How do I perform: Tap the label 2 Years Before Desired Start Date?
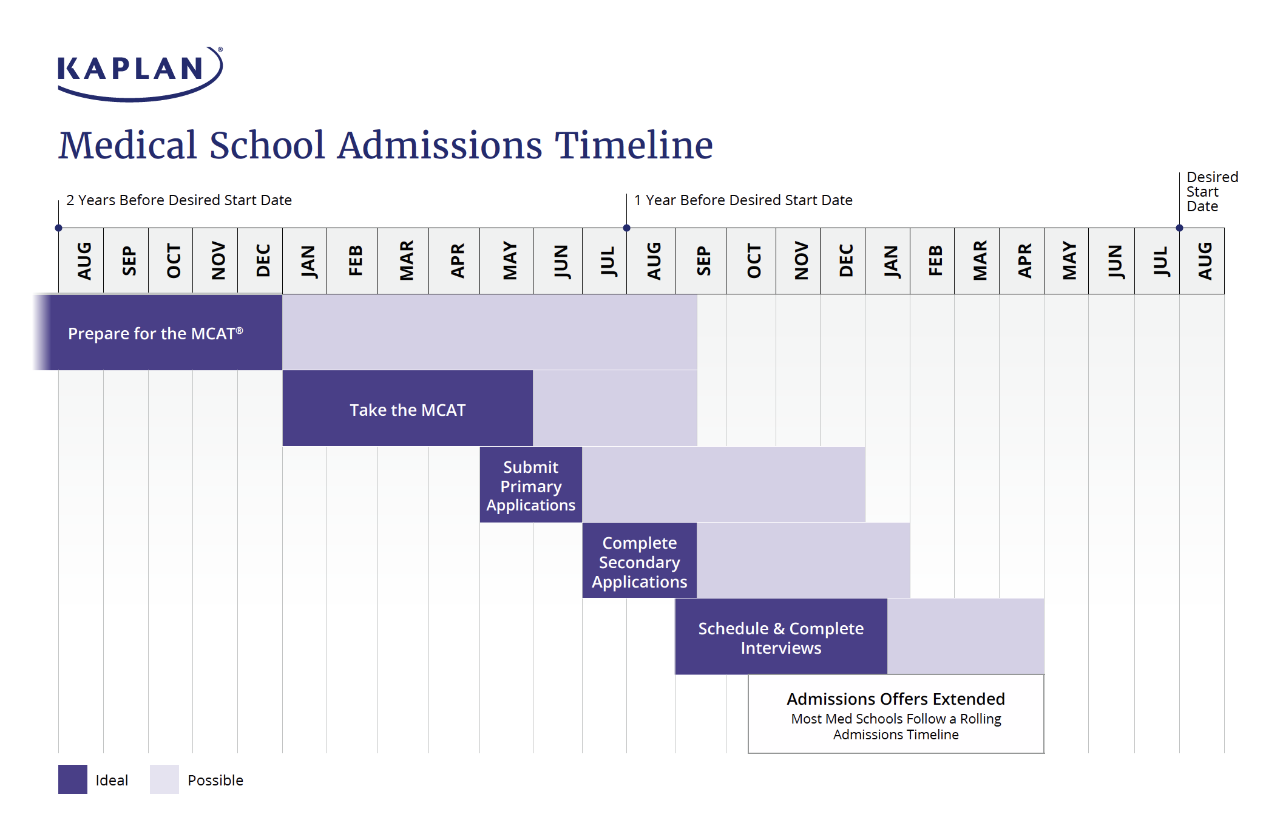pyautogui.click(x=178, y=200)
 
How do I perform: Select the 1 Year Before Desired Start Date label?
pyautogui.click(x=743, y=200)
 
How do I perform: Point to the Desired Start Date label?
pyautogui.click(x=1211, y=192)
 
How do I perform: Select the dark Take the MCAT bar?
pyautogui.click(x=407, y=410)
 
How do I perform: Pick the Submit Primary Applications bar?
pyautogui.click(x=530, y=486)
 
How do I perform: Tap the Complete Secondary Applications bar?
pyautogui.click(x=639, y=561)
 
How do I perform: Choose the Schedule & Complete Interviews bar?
pyautogui.click(x=780, y=637)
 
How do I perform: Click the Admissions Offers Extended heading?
pyautogui.click(x=895, y=699)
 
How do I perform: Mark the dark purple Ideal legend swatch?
pyautogui.click(x=73, y=779)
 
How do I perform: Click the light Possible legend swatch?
pyautogui.click(x=164, y=779)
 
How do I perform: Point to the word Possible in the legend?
pyautogui.click(x=215, y=781)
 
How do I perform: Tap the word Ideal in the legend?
pyautogui.click(x=112, y=781)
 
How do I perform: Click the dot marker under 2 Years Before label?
pyautogui.click(x=58, y=228)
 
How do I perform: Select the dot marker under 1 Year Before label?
pyautogui.click(x=626, y=228)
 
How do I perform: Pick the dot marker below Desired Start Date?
pyautogui.click(x=1179, y=228)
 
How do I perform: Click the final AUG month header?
pyautogui.click(x=1203, y=261)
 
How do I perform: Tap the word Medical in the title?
pyautogui.click(x=127, y=146)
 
